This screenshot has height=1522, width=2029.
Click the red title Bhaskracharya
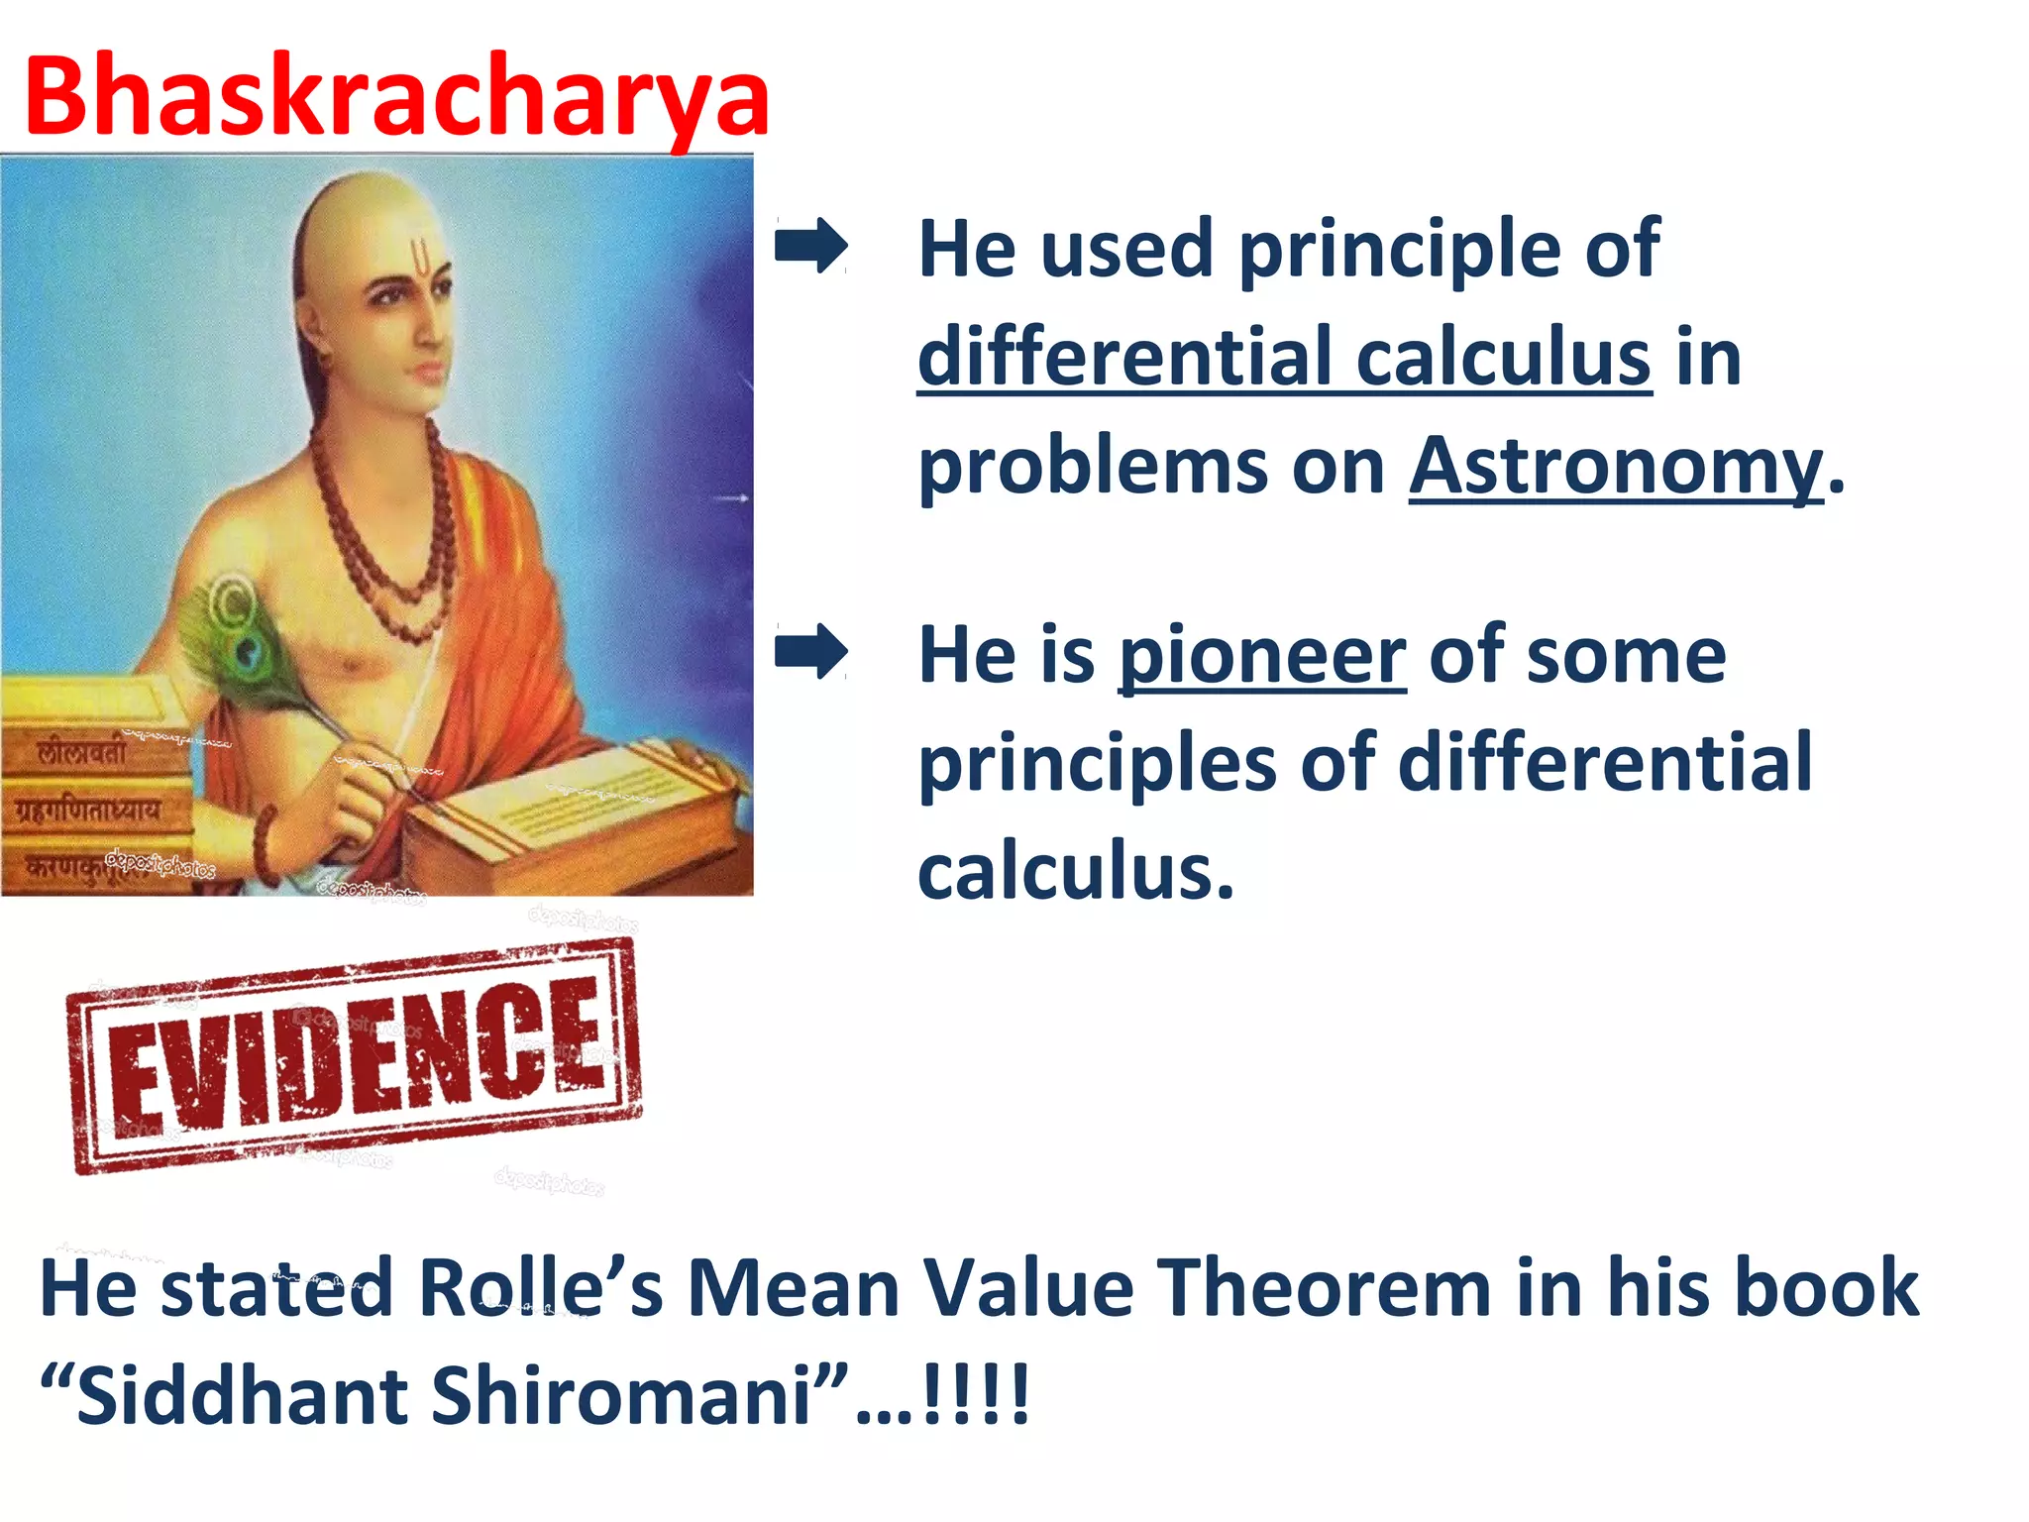396,96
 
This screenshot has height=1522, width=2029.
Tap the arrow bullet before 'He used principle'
810,245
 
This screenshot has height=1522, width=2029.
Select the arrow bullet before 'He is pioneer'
810,651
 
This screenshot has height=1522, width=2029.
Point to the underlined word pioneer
1261,656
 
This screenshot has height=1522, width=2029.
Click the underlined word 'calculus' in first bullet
1503,357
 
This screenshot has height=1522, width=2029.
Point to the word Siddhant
243,1395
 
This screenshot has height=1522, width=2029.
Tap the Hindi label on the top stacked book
84,753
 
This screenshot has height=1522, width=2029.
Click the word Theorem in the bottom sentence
1326,1288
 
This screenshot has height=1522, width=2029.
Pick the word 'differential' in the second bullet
1605,763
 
